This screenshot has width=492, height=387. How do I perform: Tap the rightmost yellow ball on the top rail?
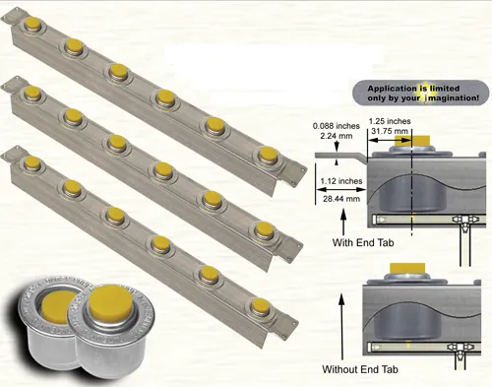click(268, 155)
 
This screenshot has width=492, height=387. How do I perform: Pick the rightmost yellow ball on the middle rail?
click(265, 228)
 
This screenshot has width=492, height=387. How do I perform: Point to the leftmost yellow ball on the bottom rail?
click(31, 161)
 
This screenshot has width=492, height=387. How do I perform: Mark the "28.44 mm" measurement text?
click(340, 197)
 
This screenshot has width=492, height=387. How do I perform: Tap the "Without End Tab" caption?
click(363, 369)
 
